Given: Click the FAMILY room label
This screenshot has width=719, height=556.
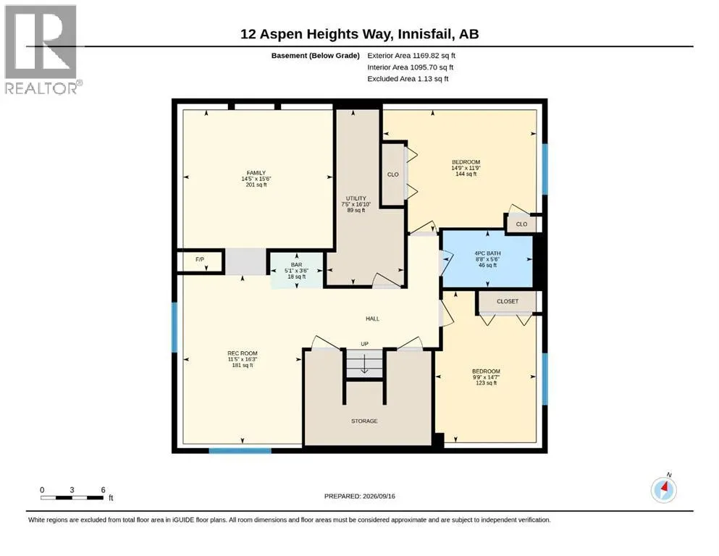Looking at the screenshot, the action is click(x=256, y=173).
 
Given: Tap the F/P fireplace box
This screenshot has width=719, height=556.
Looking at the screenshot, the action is click(x=200, y=261).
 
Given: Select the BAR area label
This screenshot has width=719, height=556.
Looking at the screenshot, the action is click(x=296, y=265).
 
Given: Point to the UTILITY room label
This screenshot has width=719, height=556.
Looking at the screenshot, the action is click(x=356, y=198).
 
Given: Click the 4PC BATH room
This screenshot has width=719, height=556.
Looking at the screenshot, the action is click(x=487, y=259).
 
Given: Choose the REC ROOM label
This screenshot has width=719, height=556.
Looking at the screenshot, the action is click(x=242, y=353).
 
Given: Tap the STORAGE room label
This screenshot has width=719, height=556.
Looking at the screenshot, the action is click(x=364, y=421).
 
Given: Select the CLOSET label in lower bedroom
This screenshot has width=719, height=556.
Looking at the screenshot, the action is click(x=507, y=301).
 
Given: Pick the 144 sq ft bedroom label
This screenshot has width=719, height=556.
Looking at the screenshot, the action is click(x=466, y=168).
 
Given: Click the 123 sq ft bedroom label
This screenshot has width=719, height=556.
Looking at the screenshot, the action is click(x=486, y=376).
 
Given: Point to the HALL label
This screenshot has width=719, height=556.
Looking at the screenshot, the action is click(x=372, y=319).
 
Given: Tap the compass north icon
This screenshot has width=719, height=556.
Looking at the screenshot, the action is click(x=663, y=489).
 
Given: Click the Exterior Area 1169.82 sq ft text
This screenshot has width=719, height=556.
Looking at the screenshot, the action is click(x=411, y=56).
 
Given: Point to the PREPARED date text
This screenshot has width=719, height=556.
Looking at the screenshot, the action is click(x=359, y=496).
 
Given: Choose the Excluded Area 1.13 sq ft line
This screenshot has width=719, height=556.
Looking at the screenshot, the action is click(x=408, y=78).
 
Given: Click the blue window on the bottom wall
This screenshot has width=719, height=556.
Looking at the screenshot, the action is click(x=240, y=451).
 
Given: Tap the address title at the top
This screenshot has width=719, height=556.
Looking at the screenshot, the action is click(x=359, y=34).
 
